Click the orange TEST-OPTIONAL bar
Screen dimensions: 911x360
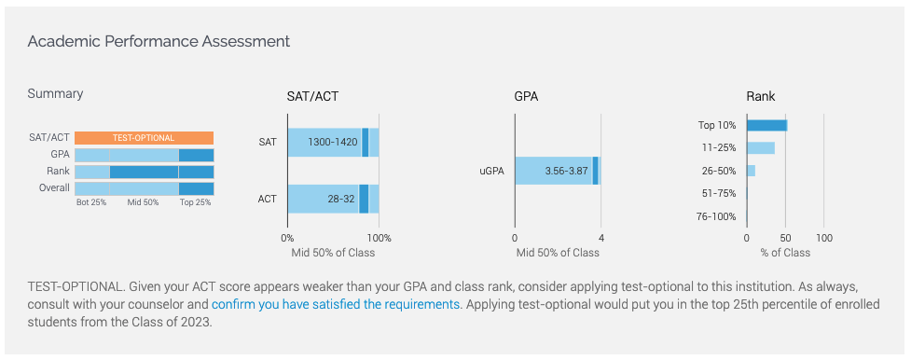[x=145, y=138]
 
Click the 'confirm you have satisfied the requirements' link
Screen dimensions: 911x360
[x=336, y=304]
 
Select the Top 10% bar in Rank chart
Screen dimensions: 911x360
[x=766, y=125]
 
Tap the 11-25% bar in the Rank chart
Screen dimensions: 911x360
[x=761, y=147]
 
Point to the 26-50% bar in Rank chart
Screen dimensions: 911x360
[x=751, y=171]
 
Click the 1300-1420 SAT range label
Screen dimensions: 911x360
[x=332, y=143]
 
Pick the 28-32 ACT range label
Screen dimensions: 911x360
[x=341, y=199]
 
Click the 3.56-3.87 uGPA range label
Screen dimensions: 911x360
[x=567, y=171]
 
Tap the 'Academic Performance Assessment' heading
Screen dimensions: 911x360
[x=159, y=42]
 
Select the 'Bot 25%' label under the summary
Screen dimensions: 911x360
[x=91, y=203]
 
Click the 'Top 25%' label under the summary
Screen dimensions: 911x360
[x=195, y=203]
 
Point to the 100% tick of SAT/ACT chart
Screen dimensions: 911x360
[x=379, y=238]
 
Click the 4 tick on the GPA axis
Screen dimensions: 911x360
[x=600, y=238]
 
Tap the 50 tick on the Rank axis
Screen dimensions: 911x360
[x=785, y=238]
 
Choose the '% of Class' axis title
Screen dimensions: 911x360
[x=785, y=253]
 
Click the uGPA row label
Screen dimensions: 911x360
[x=491, y=171]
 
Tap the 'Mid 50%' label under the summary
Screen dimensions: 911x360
[x=143, y=203]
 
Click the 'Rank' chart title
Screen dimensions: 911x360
[x=761, y=97]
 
